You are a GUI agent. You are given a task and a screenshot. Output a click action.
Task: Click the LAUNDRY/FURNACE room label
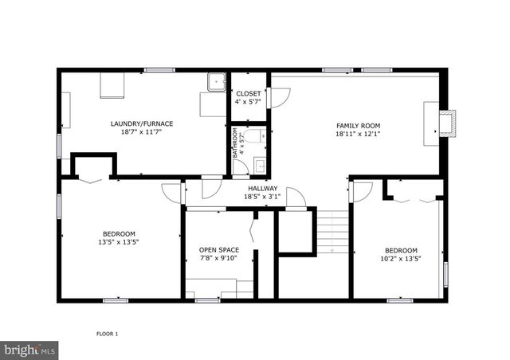pyautogui.click(x=142, y=123)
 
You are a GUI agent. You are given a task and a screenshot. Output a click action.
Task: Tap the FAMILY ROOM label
pyautogui.click(x=358, y=126)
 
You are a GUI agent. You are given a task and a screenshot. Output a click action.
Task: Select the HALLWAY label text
pyautogui.click(x=261, y=187)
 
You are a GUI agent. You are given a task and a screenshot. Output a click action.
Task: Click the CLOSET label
pyautogui.click(x=248, y=94)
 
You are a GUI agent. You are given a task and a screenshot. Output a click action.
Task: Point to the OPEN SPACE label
pyautogui.click(x=218, y=250)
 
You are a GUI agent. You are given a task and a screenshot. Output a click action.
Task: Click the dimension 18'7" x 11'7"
pyautogui.click(x=142, y=133)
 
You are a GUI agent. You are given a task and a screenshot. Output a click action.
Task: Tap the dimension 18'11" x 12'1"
pyautogui.click(x=358, y=135)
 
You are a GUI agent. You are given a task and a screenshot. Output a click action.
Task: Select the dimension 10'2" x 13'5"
pyautogui.click(x=400, y=258)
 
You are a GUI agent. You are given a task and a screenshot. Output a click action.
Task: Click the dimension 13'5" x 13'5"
pyautogui.click(x=119, y=241)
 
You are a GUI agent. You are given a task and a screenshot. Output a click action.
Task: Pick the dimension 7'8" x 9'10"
pyautogui.click(x=218, y=259)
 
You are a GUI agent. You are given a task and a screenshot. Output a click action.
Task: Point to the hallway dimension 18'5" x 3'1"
pyautogui.click(x=261, y=196)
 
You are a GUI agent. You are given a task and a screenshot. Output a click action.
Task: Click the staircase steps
pyautogui.click(x=333, y=231)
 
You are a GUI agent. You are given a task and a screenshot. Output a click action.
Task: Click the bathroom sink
pyautogui.click(x=259, y=166)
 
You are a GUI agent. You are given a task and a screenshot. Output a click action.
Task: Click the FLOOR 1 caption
pyautogui.click(x=107, y=333)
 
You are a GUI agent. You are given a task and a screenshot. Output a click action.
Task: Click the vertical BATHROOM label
pyautogui.click(x=236, y=145)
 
